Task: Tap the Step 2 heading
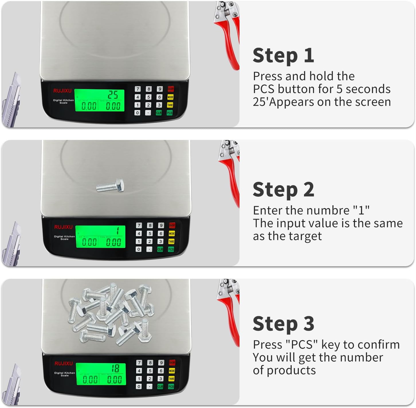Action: [x=283, y=190]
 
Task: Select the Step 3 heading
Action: [x=283, y=324]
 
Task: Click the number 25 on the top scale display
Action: [x=113, y=95]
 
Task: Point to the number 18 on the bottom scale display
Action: [x=115, y=368]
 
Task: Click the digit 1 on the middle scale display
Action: [x=117, y=231]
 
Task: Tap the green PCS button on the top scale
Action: [x=170, y=113]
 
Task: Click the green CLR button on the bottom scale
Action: [x=160, y=387]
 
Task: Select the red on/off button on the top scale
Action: [x=171, y=89]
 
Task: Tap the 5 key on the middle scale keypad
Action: [x=150, y=233]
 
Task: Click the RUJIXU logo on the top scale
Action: [x=62, y=91]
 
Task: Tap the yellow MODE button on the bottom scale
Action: [x=172, y=371]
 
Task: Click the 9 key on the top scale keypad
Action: [x=160, y=89]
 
